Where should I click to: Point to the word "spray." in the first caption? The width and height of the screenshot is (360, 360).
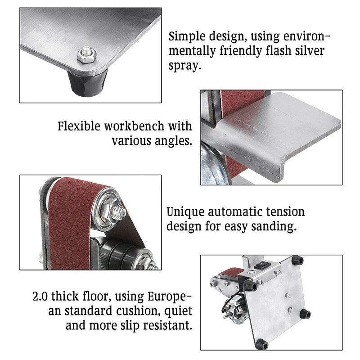[185, 65]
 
